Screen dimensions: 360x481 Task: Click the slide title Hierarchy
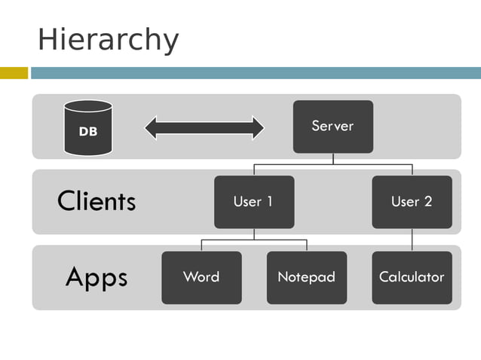coord(108,39)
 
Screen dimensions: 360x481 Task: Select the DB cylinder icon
coord(88,128)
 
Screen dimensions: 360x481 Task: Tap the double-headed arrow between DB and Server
coord(204,127)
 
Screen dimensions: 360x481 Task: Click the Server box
coord(332,127)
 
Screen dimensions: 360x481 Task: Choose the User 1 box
coord(253,202)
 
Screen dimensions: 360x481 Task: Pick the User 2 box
coord(412,202)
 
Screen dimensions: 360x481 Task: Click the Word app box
coord(201,277)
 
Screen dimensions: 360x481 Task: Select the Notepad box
coord(306,277)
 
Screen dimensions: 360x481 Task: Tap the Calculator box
coord(412,277)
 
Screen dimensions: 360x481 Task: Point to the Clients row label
coord(97,201)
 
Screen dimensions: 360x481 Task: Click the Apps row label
coord(97,277)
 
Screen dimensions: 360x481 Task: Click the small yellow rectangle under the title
coord(14,73)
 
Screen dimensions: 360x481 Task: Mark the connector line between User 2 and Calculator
coord(412,239)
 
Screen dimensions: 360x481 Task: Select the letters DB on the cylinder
coord(88,132)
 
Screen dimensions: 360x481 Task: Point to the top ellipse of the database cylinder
coord(88,107)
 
